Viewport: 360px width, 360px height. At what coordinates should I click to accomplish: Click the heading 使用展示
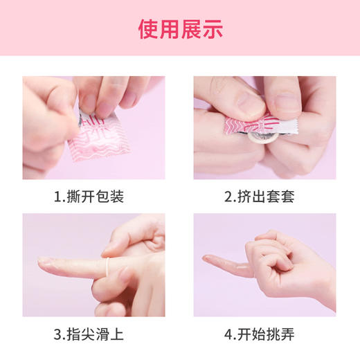coord(180,29)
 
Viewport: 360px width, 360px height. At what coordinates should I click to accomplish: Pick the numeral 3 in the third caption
coord(57,334)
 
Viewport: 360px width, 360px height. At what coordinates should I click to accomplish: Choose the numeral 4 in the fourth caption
coord(228,334)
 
